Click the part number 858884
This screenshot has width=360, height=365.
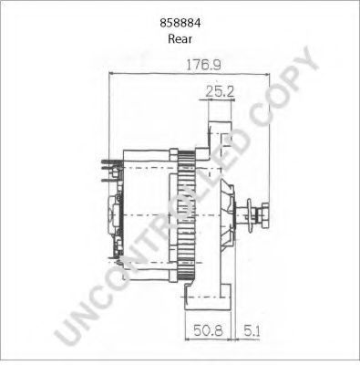click(x=180, y=23)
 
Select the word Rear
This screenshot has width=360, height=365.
click(x=180, y=39)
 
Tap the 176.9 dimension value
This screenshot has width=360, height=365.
click(x=203, y=65)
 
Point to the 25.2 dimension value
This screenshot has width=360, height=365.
click(x=220, y=91)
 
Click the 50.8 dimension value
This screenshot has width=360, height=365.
click(x=208, y=330)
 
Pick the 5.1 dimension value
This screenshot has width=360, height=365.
click(x=252, y=330)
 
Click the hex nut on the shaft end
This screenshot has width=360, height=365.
click(x=263, y=215)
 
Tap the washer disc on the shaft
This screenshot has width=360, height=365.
click(x=250, y=215)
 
